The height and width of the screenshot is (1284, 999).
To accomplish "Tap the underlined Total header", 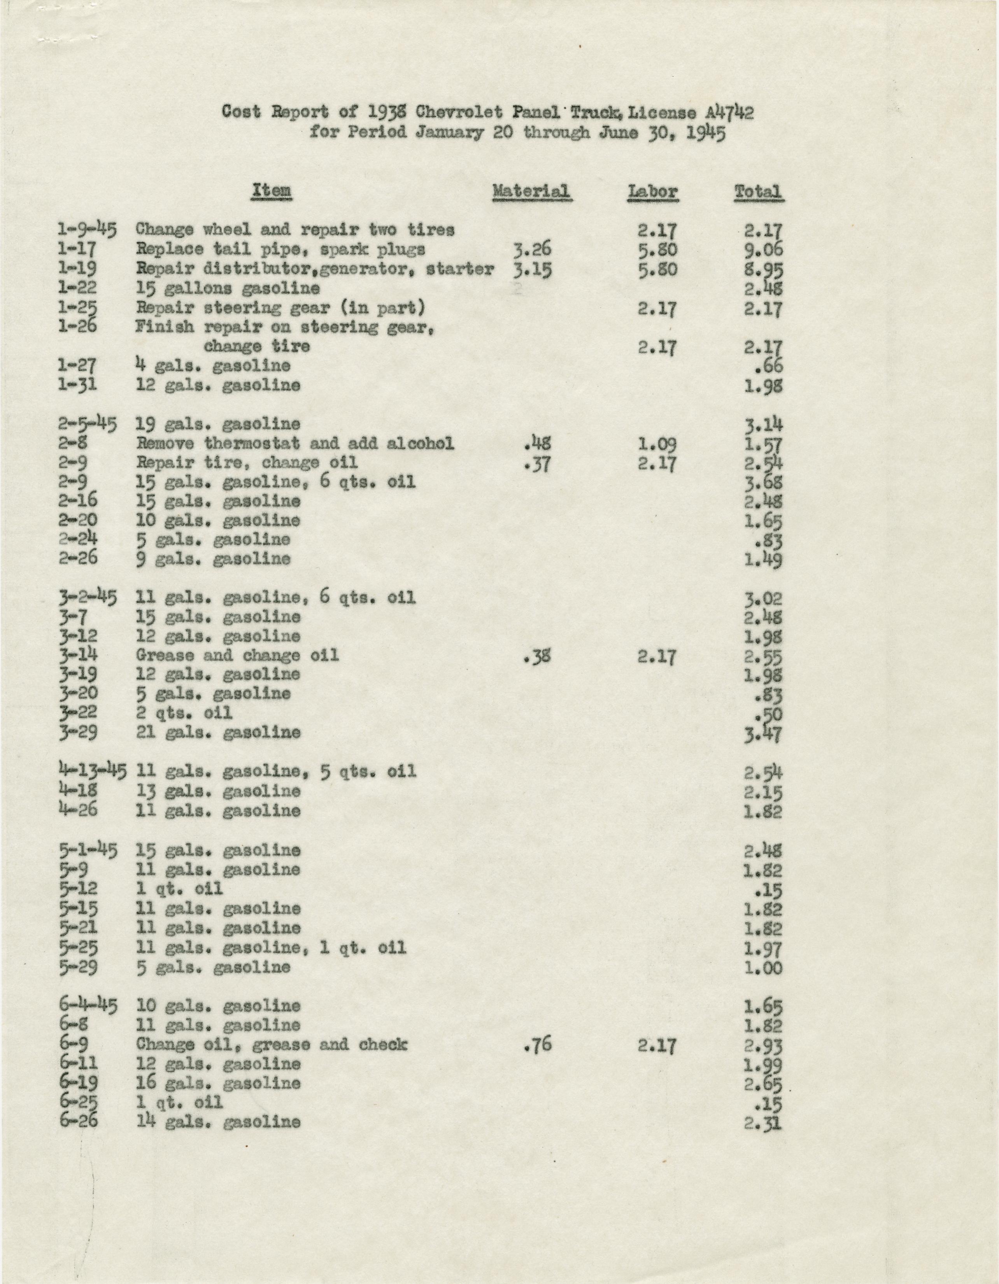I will tap(758, 192).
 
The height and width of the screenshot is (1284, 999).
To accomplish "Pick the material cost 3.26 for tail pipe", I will tap(531, 250).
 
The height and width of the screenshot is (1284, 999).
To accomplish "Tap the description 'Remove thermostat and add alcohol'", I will tap(295, 443).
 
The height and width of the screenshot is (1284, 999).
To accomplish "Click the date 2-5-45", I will tap(88, 423).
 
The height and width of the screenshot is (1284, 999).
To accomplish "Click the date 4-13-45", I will tap(92, 770).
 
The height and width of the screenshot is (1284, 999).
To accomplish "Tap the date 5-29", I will tap(79, 967).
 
